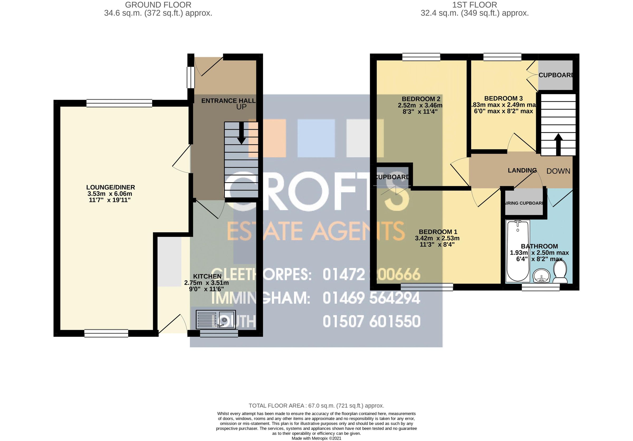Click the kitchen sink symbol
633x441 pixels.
tap(215, 320)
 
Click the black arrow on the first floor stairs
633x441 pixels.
tap(558, 144)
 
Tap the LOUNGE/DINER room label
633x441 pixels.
tap(111, 187)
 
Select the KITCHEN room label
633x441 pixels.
tap(207, 276)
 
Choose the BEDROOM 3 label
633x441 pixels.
tap(503, 98)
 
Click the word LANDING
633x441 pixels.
tap(522, 171)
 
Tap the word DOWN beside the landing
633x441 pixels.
tap(558, 171)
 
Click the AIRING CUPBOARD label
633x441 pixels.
tap(524, 203)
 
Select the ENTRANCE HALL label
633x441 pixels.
tap(228, 101)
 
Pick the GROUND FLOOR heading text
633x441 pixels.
tap(158, 5)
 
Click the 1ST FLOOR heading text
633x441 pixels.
tap(474, 5)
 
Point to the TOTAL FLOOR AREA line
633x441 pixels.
tap(316, 406)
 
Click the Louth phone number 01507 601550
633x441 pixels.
tap(371, 321)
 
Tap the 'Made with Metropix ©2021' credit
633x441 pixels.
tap(316, 438)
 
